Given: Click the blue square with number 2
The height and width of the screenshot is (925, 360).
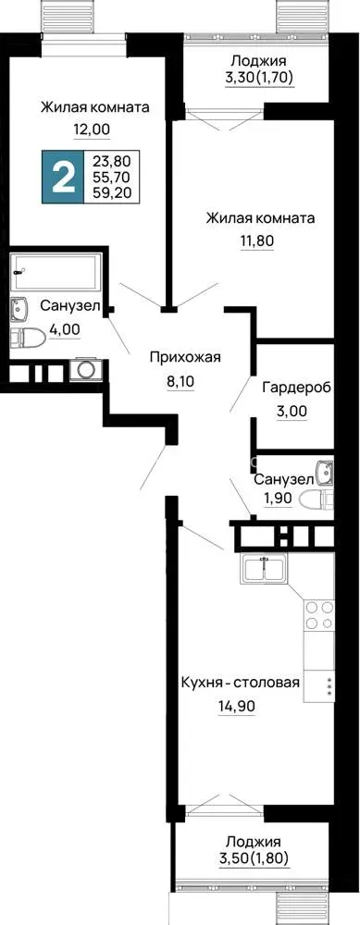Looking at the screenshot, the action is (63, 177).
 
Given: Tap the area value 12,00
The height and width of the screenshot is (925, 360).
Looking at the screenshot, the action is (92, 129).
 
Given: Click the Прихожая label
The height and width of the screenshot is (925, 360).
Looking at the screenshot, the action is (185, 357).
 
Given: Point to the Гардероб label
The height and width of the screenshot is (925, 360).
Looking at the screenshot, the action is (295, 388).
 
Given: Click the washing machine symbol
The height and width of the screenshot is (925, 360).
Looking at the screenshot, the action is (86, 369).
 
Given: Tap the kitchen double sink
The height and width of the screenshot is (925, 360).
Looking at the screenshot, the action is (264, 569).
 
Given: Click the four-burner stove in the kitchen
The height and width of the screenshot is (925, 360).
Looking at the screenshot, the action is (319, 614).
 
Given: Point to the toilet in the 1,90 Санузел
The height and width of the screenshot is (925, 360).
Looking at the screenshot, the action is (317, 500).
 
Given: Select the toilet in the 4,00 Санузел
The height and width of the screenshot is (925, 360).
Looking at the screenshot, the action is (28, 338).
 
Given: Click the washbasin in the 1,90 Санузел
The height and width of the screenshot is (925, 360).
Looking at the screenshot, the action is (325, 470).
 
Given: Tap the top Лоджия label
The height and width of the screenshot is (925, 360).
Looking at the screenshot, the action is (258, 61).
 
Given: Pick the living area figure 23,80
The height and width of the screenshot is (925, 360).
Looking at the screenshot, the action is (112, 159).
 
